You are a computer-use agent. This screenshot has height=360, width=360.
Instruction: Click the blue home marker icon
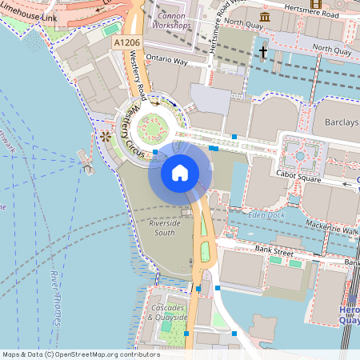180,172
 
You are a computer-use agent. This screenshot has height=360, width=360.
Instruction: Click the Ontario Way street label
167,61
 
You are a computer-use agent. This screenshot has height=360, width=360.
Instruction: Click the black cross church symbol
262,52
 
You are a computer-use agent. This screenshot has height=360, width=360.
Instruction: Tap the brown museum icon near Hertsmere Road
265,16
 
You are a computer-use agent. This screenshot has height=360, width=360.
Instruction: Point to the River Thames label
55,296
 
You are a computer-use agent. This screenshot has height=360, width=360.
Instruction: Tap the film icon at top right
316,5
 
